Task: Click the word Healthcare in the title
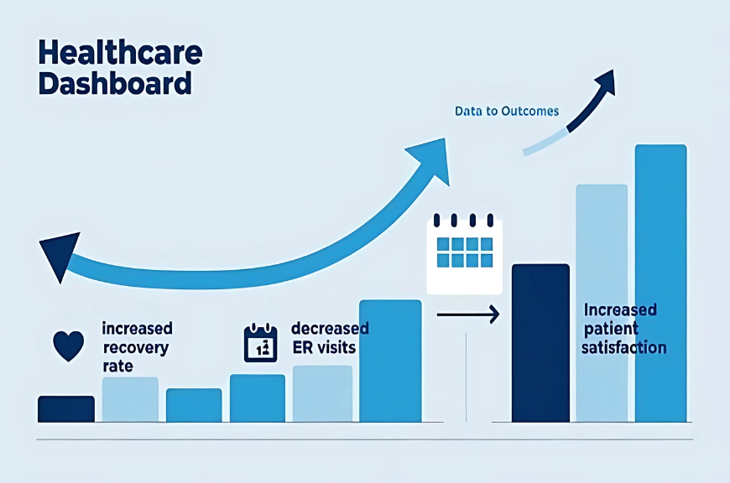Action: [120, 52]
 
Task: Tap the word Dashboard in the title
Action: [115, 83]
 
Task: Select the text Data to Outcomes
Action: [507, 112]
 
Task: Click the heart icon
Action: [69, 345]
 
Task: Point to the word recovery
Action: [135, 348]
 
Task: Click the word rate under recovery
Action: [117, 366]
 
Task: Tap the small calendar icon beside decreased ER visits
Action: [261, 343]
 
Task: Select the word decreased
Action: [330, 329]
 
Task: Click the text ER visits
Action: [324, 348]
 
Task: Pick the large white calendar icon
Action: [464, 254]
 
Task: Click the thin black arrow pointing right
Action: [468, 314]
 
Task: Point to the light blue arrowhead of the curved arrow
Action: [430, 159]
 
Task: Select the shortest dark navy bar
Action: [66, 409]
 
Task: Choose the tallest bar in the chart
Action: [660, 283]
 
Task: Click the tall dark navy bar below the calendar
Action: [540, 343]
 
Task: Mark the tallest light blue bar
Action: [602, 304]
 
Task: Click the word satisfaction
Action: [623, 348]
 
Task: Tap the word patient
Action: [611, 329]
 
